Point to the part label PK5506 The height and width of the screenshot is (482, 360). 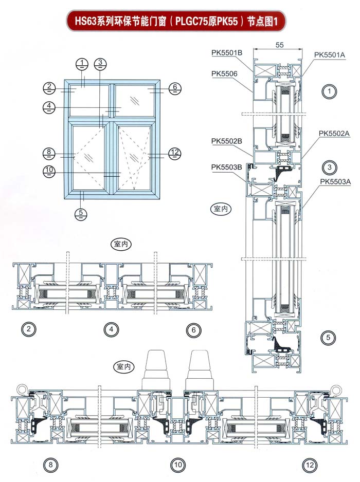224,73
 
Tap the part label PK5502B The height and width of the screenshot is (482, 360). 226,140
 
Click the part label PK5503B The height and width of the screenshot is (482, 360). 226,166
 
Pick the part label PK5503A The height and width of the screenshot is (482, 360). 335,181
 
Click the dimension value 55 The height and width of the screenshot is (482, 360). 280,45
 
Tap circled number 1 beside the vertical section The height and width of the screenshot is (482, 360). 328,92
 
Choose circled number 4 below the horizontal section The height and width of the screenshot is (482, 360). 110,330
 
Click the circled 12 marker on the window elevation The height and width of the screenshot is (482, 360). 174,152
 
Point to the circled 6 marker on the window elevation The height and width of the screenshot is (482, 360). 174,88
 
